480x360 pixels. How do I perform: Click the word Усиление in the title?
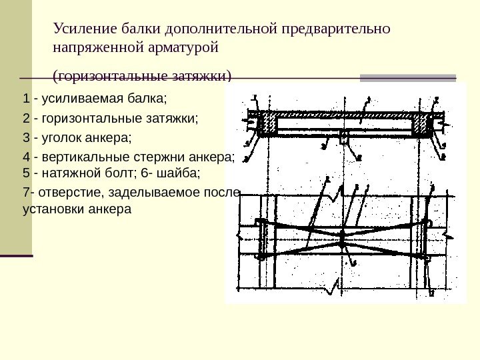(x=79, y=29)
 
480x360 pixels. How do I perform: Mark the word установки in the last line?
(x=47, y=209)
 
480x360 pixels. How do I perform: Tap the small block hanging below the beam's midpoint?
(x=343, y=137)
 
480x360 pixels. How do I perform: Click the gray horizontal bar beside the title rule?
(x=408, y=78)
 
